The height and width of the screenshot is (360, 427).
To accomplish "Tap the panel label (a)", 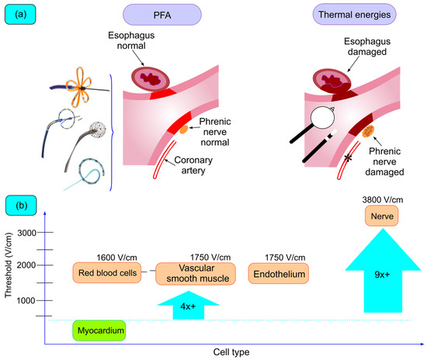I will coord(23,15).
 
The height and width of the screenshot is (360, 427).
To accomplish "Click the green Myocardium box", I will coord(99,331).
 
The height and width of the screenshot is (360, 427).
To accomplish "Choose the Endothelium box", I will coord(278,273).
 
